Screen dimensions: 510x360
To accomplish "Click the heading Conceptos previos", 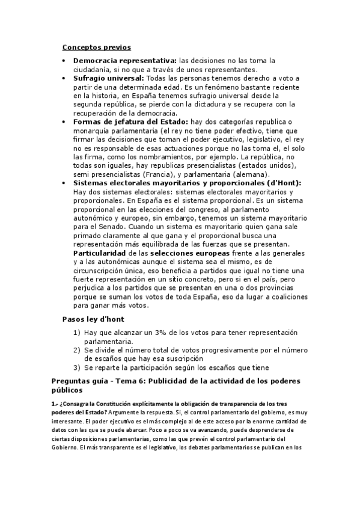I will point(97,47).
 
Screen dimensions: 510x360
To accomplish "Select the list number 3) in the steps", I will point(76,367).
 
